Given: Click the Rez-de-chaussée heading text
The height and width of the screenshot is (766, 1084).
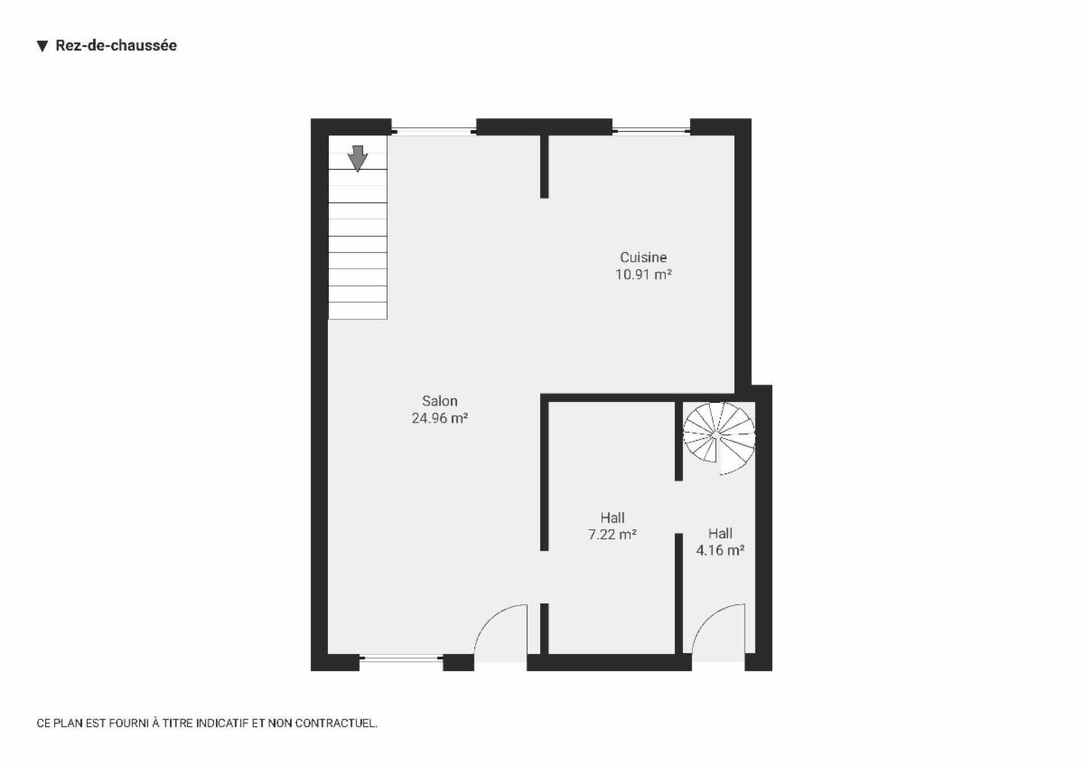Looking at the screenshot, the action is [117, 45].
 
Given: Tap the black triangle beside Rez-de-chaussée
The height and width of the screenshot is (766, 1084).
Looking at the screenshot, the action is [42, 46].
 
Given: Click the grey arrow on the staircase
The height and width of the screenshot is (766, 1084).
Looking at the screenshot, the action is [358, 158].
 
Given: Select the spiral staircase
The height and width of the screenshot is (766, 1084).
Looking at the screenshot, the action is [719, 438].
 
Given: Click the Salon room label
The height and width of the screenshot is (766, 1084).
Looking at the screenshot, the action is [439, 401].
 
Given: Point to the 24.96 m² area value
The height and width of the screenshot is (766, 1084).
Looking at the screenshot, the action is [439, 417].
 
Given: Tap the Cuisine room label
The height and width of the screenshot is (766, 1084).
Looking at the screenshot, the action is [643, 257].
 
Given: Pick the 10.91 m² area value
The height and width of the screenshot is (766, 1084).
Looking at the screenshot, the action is [643, 275].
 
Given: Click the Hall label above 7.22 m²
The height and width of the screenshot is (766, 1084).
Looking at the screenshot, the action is [612, 518].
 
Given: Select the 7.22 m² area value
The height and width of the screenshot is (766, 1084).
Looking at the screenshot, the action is [612, 535].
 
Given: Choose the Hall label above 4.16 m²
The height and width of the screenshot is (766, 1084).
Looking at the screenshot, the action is [720, 533].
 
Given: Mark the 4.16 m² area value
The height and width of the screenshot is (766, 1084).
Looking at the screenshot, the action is [720, 550].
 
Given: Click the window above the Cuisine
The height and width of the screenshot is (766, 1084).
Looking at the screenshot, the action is [651, 130].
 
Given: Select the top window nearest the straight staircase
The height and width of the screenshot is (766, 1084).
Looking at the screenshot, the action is [435, 130].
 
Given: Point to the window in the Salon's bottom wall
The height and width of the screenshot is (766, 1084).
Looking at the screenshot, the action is [401, 658].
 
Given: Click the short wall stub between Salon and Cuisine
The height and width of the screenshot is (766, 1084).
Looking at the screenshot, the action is [545, 166].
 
